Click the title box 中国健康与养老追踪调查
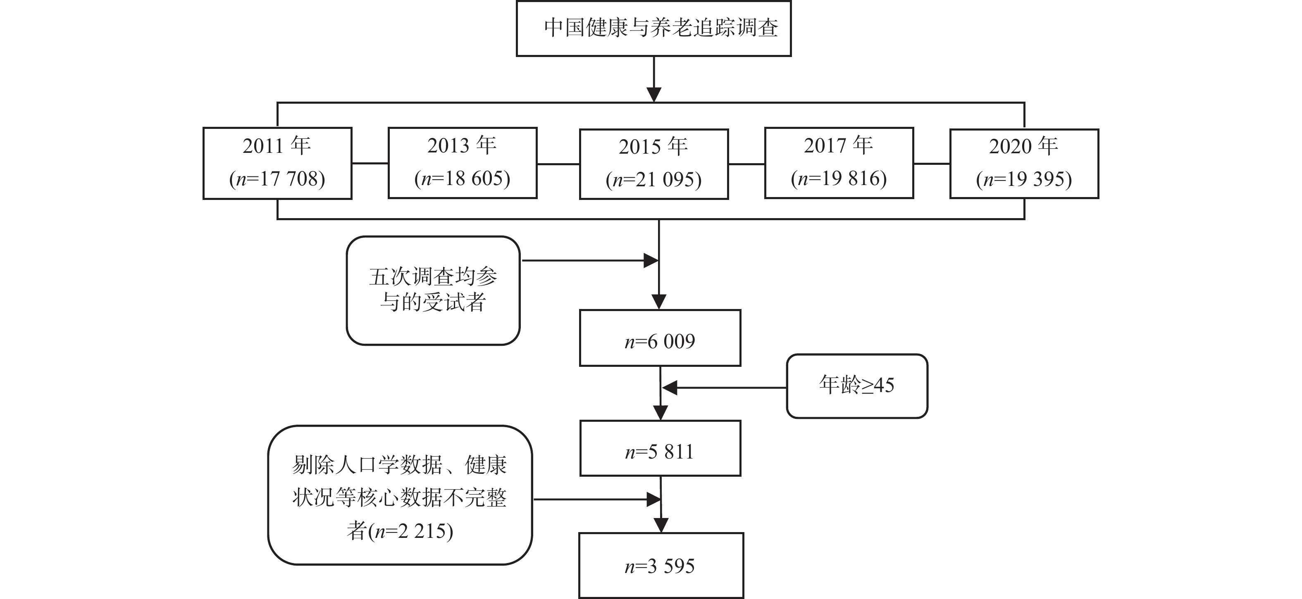[653, 28]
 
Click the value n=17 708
[277, 179]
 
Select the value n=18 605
[462, 179]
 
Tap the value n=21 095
[653, 180]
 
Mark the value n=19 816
[839, 179]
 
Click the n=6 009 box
[660, 338]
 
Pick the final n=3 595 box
[661, 566]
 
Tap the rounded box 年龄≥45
[857, 386]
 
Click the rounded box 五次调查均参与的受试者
[433, 290]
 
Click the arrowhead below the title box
[654, 95]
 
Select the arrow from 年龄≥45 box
[723, 388]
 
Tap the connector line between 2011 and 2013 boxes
[370, 163]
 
